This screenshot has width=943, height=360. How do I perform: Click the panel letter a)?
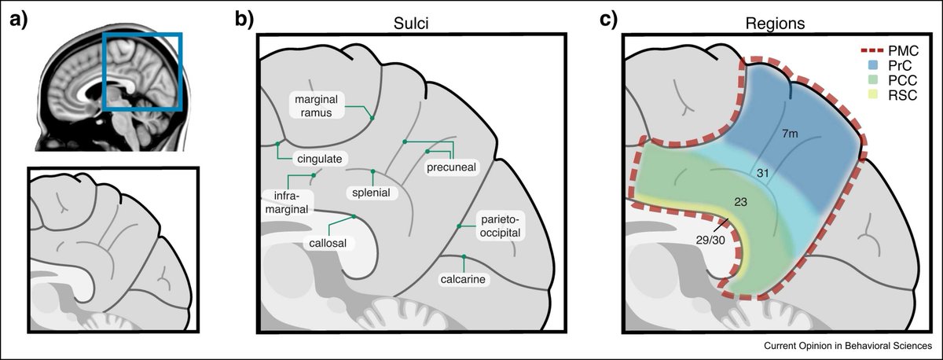point(17,21)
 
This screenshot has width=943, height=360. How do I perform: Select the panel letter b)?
point(245,21)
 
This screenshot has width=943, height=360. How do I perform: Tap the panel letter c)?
point(610,21)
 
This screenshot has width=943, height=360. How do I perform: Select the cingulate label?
point(317,159)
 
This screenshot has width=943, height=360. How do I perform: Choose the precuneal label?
point(452,167)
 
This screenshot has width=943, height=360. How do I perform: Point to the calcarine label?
point(464,279)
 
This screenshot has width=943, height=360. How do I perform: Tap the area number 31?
point(762,172)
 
